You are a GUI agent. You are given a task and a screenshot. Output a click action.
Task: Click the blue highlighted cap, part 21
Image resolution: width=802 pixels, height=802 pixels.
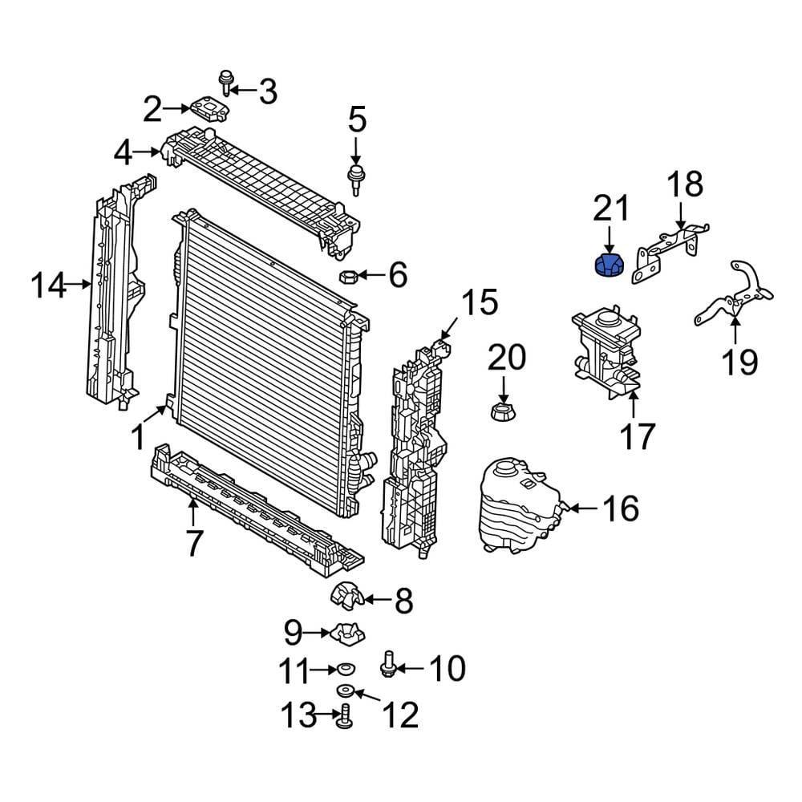pos(607,265)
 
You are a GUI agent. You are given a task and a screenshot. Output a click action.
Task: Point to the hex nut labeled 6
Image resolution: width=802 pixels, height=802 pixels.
pos(348,277)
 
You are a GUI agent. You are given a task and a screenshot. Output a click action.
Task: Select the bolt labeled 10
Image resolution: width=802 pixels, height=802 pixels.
pos(389,662)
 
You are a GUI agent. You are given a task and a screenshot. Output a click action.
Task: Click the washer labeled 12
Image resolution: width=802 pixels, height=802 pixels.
pos(347,691)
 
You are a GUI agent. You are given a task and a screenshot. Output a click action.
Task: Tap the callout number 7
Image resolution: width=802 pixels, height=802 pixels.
pos(193,542)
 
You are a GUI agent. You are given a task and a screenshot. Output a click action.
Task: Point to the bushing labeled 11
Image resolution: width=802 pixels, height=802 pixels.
pos(346,667)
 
